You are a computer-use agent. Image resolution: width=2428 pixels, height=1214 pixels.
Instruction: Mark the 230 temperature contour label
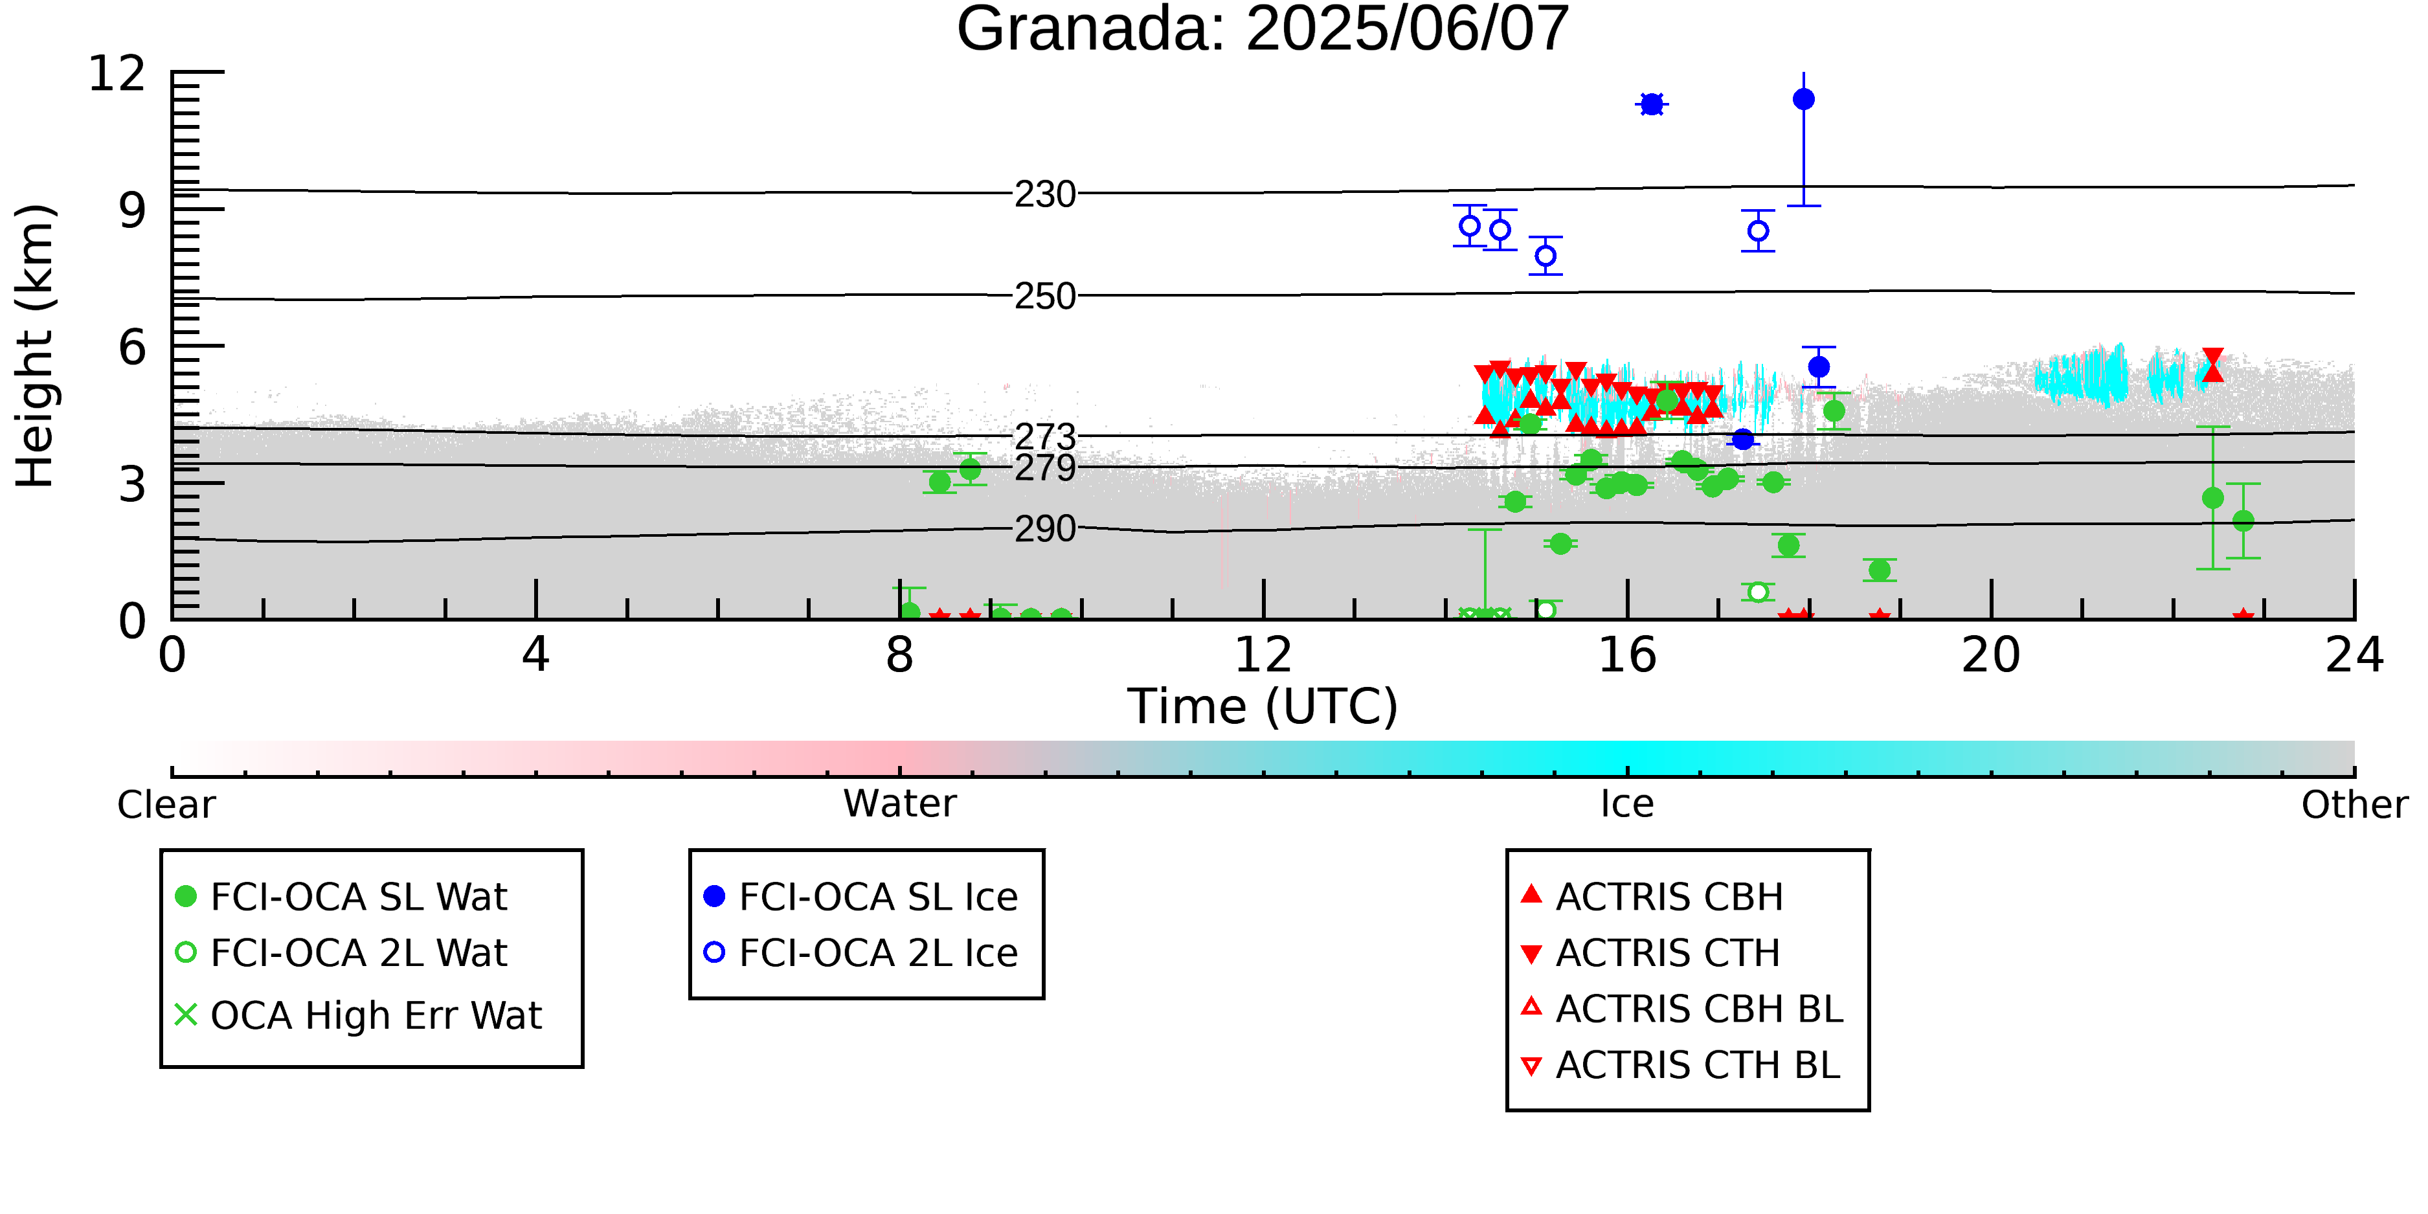pos(1044,194)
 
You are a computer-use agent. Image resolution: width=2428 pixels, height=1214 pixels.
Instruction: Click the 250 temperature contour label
pos(1044,296)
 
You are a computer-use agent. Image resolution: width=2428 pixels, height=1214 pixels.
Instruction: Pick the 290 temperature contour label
pos(1044,529)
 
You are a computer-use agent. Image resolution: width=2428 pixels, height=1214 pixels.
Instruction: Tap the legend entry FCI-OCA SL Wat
pos(341,896)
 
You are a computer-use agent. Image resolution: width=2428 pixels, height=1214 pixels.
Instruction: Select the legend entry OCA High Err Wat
pos(358,1015)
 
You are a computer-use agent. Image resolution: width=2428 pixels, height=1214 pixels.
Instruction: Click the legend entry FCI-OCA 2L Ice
pos(860,953)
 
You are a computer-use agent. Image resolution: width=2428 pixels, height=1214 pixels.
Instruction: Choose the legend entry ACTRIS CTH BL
pos(1681,1065)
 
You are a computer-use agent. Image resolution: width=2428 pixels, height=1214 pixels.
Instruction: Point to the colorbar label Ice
pos(1627,804)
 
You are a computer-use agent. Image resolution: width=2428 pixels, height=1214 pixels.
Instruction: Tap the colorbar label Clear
pos(166,804)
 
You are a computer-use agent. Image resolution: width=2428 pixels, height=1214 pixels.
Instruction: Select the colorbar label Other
pos(2354,804)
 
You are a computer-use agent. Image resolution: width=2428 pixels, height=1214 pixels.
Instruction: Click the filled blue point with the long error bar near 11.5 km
pos(1803,99)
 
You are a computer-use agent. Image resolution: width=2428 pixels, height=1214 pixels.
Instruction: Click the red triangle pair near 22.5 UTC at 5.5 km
pos(2212,365)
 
